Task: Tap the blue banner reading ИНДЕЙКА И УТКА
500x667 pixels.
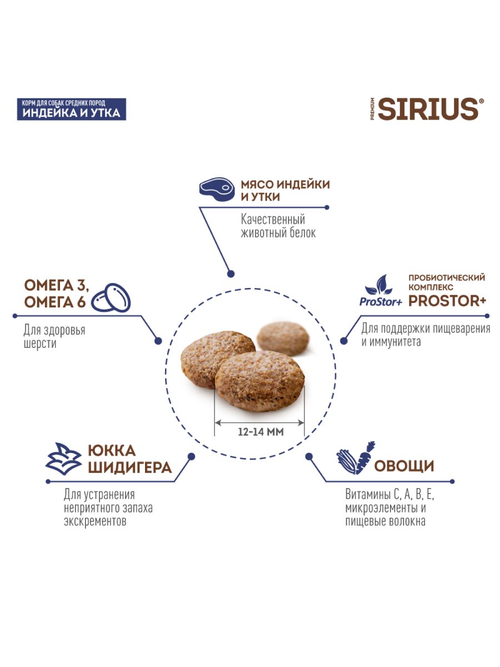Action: tap(71, 109)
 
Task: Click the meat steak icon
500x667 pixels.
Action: tap(216, 189)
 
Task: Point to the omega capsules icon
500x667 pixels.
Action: tap(111, 298)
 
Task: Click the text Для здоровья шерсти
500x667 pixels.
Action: tap(54, 337)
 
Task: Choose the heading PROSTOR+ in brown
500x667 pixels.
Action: tap(448, 301)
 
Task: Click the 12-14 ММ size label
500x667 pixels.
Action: tap(260, 432)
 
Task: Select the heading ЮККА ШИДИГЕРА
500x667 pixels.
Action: tap(129, 459)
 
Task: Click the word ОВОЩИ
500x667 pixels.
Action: tap(404, 466)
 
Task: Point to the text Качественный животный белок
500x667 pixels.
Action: tap(278, 226)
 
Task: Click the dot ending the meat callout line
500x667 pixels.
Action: tap(229, 273)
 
